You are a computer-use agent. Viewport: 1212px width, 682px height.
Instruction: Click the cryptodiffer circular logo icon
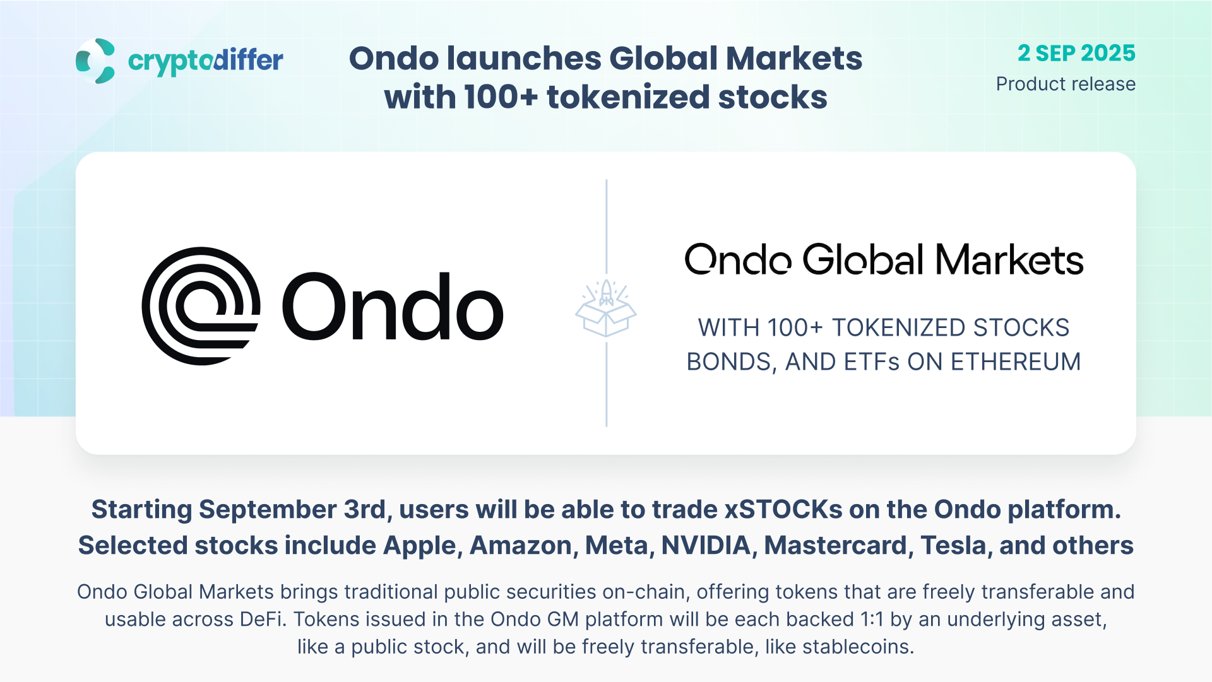click(95, 61)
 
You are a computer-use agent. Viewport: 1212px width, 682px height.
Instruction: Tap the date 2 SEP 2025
click(1076, 53)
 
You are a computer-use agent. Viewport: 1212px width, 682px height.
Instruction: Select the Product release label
click(1066, 84)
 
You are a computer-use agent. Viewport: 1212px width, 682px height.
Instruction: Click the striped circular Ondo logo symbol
click(201, 306)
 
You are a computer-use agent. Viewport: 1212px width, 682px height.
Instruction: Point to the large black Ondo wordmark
click(393, 307)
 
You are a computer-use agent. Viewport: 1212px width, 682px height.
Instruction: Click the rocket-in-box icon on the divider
click(606, 308)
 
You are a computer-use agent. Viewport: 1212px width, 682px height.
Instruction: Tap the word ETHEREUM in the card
click(1016, 362)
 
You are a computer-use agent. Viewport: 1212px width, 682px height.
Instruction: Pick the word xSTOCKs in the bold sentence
click(783, 509)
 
